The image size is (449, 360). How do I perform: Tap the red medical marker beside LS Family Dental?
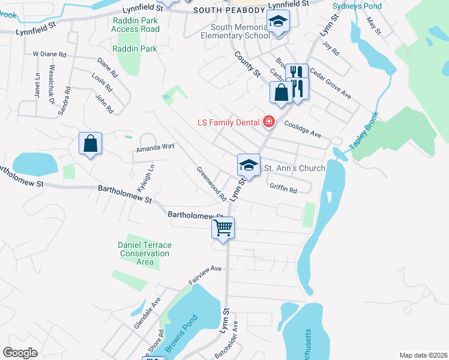tap(268, 123)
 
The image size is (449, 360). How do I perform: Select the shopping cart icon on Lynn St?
tap(223, 228)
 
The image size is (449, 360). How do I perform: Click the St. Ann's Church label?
tap(295, 168)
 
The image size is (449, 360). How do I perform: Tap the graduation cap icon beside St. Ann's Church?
tap(249, 165)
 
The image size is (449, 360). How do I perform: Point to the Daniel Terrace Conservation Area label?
tap(144, 253)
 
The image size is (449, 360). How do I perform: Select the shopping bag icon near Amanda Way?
tap(90, 144)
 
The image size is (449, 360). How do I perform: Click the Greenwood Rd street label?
tap(211, 184)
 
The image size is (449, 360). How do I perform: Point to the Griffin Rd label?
tap(283, 188)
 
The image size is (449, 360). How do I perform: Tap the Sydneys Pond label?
tap(358, 5)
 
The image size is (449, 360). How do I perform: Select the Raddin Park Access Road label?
tap(136, 24)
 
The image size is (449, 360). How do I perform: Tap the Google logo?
tap(20, 353)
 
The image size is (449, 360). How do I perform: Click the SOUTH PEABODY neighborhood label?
tap(229, 9)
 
